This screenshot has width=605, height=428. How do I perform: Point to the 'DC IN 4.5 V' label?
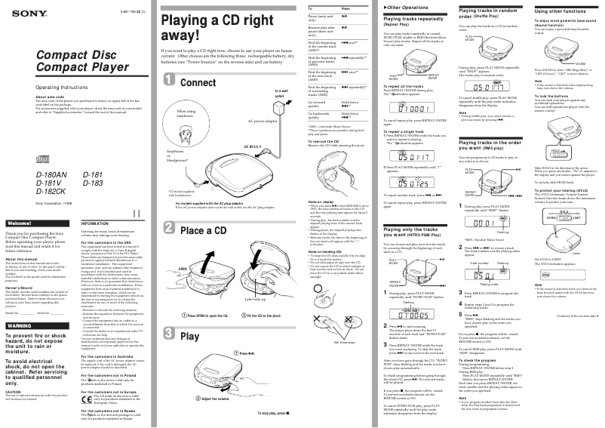click(x=253, y=146)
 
